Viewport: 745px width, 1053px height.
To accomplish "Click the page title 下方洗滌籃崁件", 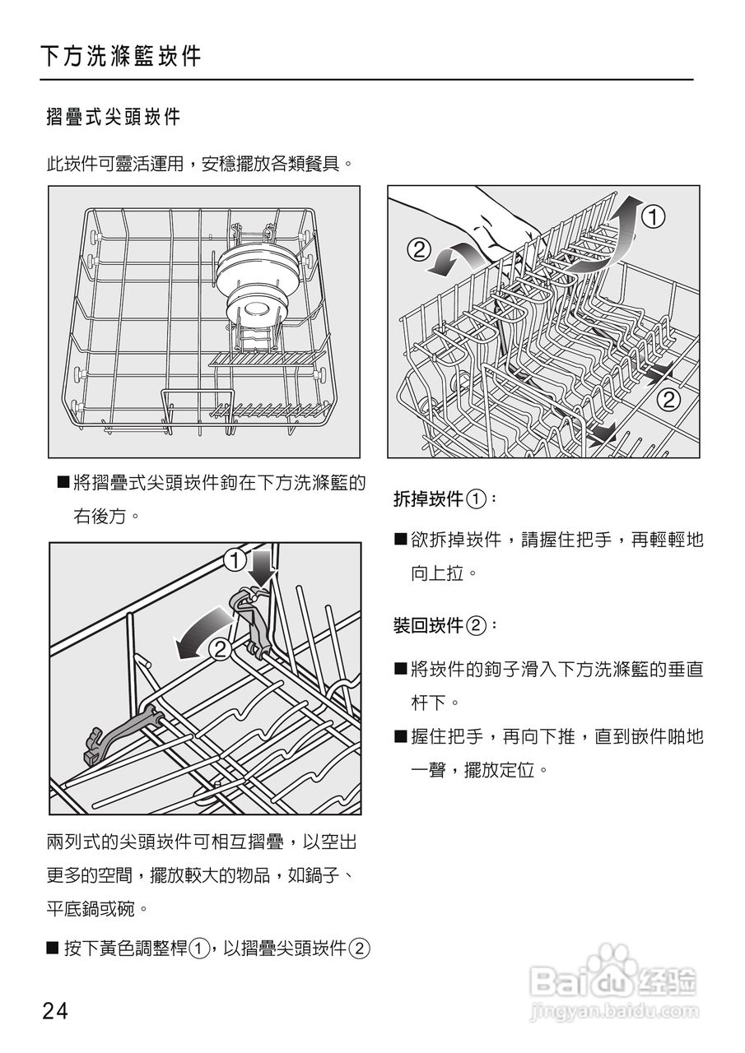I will (x=120, y=57).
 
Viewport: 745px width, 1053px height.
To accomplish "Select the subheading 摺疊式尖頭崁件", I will (x=113, y=117).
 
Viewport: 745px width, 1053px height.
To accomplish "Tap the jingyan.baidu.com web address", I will (x=615, y=1009).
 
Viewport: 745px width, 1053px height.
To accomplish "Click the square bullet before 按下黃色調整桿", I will (x=54, y=949).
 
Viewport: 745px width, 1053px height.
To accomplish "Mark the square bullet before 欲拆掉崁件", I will (x=401, y=540).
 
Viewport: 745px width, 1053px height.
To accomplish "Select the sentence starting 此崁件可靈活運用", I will (x=200, y=163).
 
